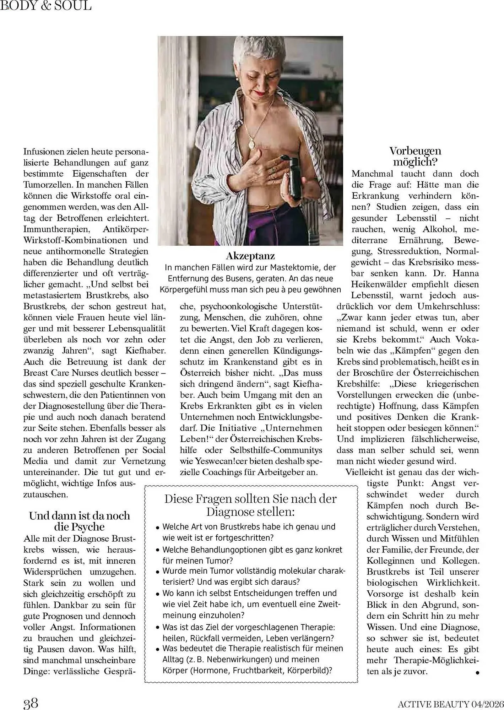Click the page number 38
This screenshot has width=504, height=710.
pos(31,703)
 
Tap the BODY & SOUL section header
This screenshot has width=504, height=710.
pos(46,5)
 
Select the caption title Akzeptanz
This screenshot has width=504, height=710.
pos(250,256)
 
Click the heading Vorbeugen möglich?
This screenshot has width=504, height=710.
pos(415,156)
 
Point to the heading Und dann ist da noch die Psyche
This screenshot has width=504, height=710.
pos(80,521)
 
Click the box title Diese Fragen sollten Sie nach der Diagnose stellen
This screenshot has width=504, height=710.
pos(250,505)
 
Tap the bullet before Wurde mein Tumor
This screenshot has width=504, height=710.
pos(157,572)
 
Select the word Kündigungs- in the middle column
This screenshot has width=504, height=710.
pos(298,351)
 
